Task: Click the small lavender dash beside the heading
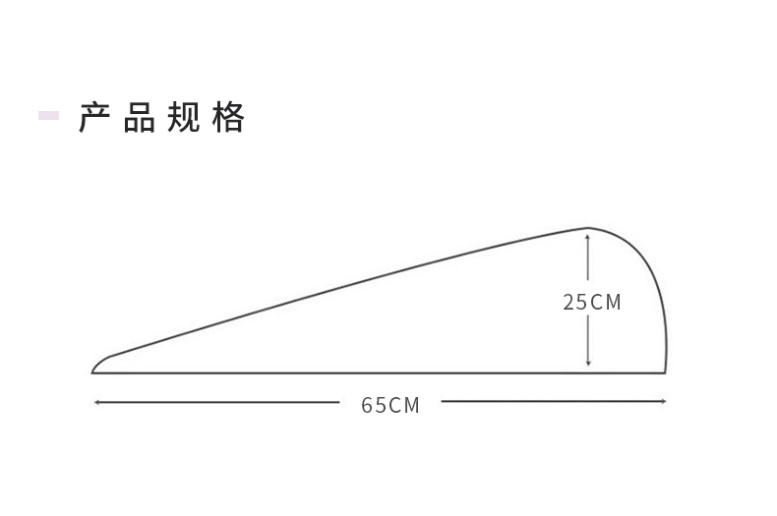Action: (x=48, y=116)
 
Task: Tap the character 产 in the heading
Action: (x=93, y=117)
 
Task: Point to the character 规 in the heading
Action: (x=184, y=117)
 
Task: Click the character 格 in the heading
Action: (x=228, y=117)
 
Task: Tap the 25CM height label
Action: (x=592, y=303)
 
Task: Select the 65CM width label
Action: (x=390, y=405)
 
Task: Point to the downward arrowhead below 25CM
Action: (x=588, y=364)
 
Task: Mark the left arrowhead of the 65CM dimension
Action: (x=96, y=401)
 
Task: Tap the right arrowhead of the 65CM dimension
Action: (x=664, y=401)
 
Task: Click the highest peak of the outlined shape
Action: (x=588, y=228)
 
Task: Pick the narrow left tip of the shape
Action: (x=93, y=372)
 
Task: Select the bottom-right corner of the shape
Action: (x=665, y=373)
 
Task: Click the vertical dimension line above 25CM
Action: (x=588, y=259)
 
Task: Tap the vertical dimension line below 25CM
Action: (x=588, y=340)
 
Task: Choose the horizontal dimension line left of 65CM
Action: (x=216, y=401)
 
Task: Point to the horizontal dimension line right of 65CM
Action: (x=551, y=401)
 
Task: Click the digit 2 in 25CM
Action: (x=568, y=303)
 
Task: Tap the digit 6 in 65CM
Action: (x=367, y=405)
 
